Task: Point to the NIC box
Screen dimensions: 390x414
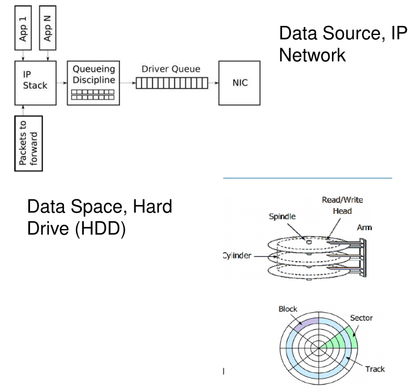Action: tap(239, 83)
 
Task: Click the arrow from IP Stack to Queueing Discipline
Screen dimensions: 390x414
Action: tap(59, 83)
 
